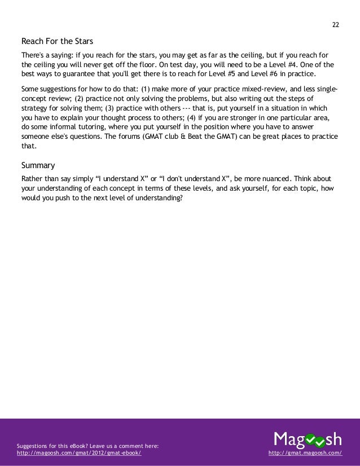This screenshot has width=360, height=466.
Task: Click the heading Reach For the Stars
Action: click(x=57, y=42)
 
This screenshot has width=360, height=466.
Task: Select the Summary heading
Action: click(x=38, y=165)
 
